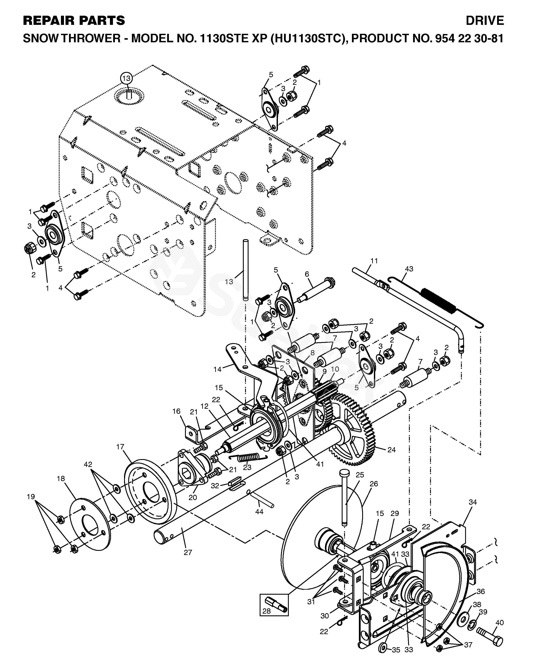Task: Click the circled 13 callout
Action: click(x=126, y=78)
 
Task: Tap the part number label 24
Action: click(x=392, y=450)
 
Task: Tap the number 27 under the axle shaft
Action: click(x=188, y=552)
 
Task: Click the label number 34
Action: click(x=473, y=502)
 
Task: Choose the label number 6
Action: click(x=307, y=274)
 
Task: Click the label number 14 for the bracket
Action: click(x=218, y=369)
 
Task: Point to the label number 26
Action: click(x=374, y=483)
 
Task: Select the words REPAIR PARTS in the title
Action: click(x=74, y=20)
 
